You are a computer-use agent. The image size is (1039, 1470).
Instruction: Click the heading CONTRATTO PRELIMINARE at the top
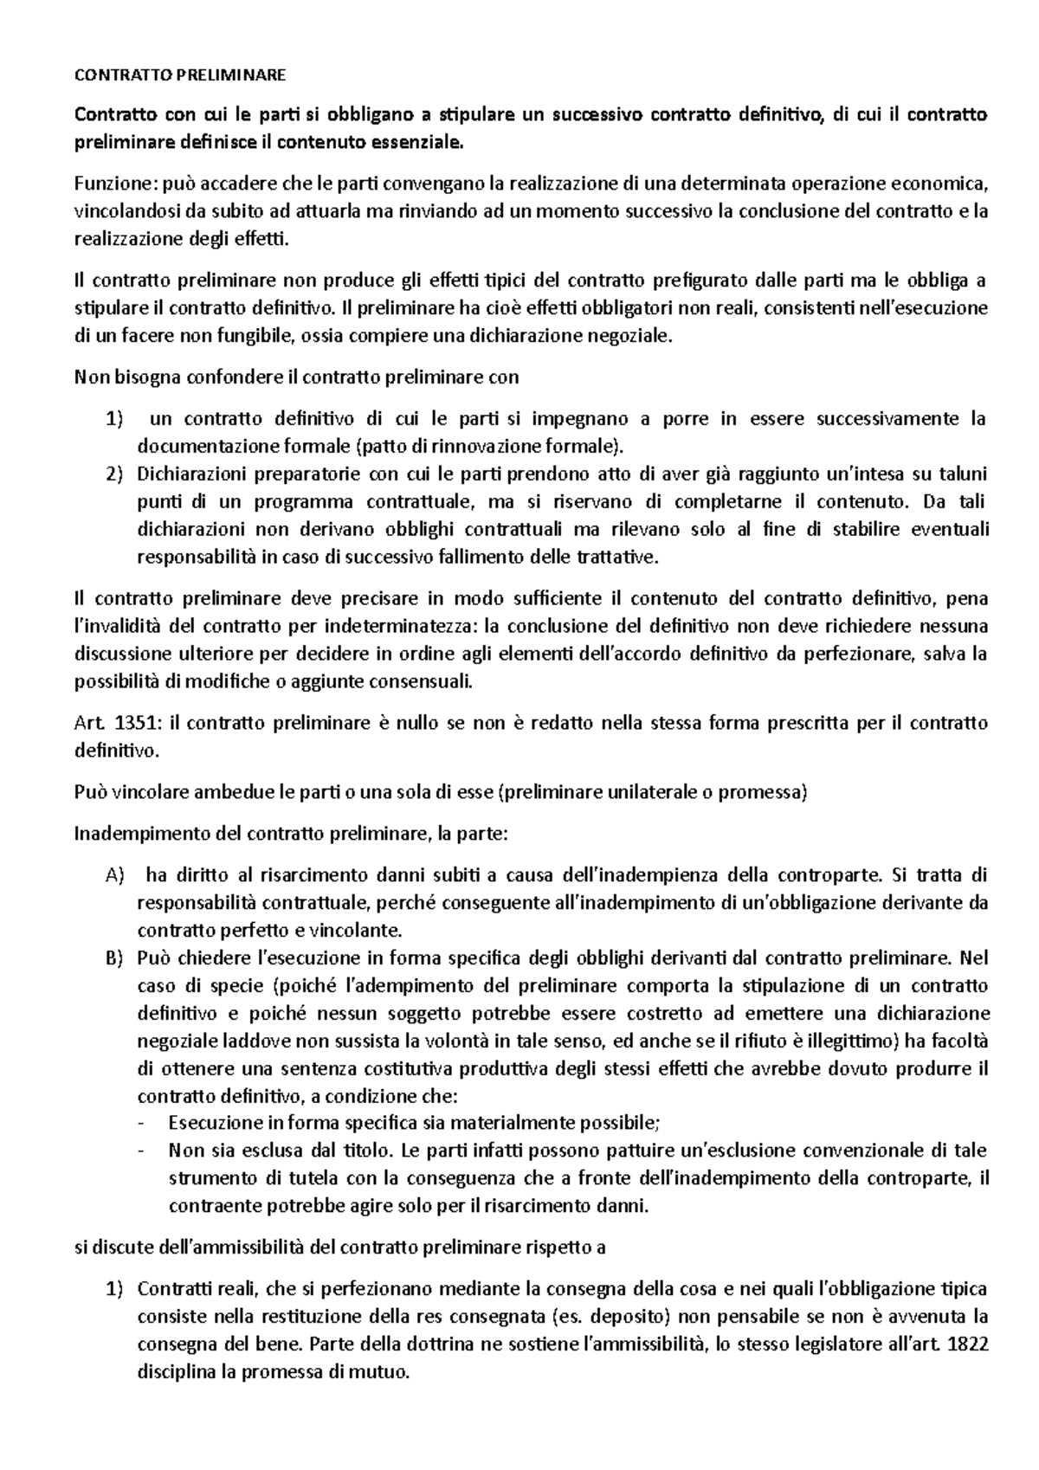[180, 75]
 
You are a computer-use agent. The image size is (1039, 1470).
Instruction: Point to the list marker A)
[114, 875]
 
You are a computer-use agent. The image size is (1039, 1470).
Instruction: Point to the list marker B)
[114, 958]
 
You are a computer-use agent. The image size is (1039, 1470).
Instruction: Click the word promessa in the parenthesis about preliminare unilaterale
[770, 792]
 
